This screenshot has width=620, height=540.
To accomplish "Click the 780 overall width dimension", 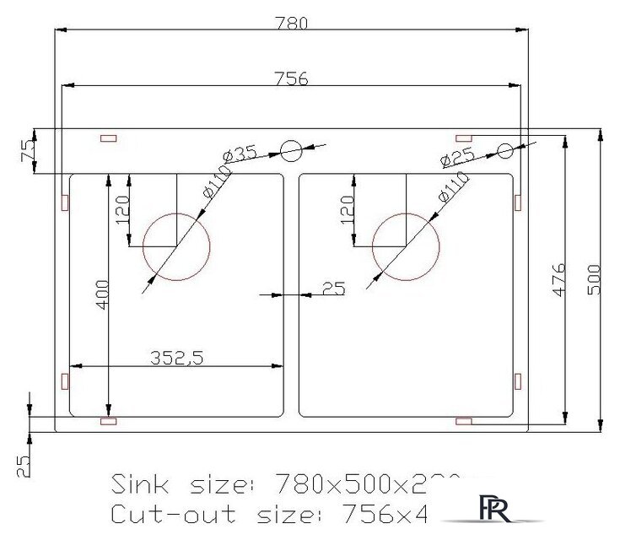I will pos(289,22).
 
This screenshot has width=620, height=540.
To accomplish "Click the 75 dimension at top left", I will pos(28,151).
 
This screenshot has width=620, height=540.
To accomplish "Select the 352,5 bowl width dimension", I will pos(176,357).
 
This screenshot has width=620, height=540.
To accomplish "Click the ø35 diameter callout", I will pos(240,155).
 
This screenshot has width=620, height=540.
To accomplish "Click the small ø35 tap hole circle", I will pos(290,151).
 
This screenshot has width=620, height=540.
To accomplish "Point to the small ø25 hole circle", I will pos(505,151).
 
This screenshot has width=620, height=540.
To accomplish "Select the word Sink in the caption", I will pos(140,484).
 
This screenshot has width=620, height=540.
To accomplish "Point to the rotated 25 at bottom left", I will pos(24,464).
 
